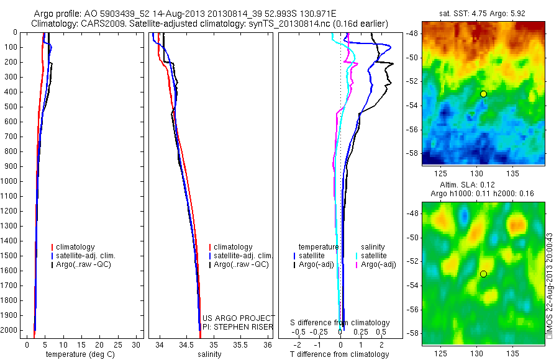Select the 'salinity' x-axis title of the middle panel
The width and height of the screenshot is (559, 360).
point(209,354)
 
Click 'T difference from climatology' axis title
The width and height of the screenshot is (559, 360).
point(339,354)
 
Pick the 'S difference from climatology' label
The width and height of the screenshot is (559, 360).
point(340,323)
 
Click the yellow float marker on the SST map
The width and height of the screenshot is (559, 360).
point(483,94)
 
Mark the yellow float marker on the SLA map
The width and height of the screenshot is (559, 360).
point(483,274)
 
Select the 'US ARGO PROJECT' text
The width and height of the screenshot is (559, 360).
point(239,318)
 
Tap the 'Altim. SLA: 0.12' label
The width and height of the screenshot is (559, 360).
point(484,186)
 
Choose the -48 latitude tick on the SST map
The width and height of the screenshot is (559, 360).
point(413,33)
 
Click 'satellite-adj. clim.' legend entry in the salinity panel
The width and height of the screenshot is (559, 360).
point(243,256)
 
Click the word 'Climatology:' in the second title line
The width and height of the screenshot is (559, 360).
point(55,24)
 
